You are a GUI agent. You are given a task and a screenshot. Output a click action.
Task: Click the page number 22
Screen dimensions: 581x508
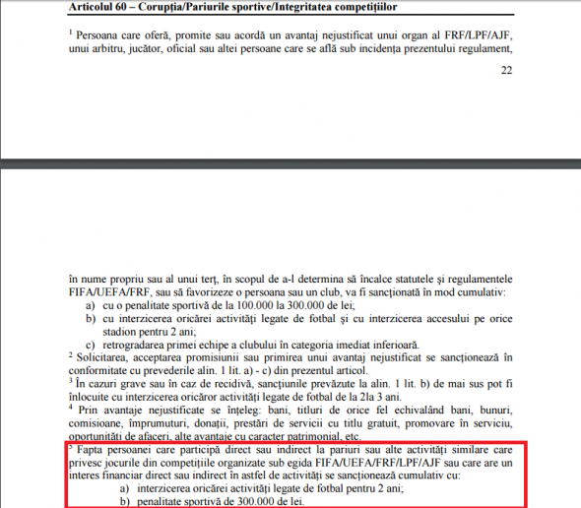(x=507, y=71)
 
